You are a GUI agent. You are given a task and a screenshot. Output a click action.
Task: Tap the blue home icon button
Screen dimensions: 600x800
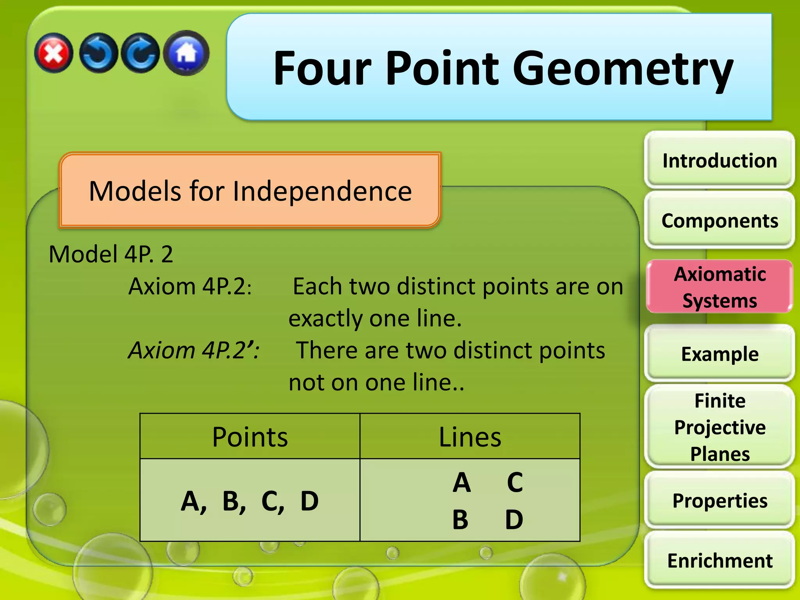[x=187, y=53]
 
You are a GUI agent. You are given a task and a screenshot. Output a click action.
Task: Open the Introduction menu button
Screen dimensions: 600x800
[x=720, y=161]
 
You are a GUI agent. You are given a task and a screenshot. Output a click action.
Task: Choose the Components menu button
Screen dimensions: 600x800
[x=720, y=221]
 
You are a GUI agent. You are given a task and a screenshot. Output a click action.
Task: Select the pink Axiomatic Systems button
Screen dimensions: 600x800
[x=720, y=287]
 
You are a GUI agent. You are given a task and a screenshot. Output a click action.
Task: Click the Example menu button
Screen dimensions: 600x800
[x=720, y=354]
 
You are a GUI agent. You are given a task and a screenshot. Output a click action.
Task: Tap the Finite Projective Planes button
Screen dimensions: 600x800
[x=720, y=427]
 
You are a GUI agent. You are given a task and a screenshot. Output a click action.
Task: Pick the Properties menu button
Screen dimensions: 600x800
[x=720, y=501]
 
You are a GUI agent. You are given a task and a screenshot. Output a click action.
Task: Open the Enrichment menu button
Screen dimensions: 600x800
[x=720, y=561]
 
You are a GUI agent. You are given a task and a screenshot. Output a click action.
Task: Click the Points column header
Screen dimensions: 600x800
[x=250, y=437]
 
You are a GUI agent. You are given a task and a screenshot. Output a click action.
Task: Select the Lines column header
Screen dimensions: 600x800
[x=470, y=437]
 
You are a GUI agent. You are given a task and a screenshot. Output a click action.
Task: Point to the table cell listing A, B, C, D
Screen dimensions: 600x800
[x=250, y=501]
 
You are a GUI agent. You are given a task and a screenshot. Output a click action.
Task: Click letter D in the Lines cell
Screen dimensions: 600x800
[x=514, y=520]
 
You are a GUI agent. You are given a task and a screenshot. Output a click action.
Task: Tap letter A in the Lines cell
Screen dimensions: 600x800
[x=462, y=483]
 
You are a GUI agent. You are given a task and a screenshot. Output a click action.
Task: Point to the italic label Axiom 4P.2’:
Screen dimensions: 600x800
[x=194, y=350]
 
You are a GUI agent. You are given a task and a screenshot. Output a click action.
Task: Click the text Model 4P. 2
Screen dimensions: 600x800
[x=111, y=254]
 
